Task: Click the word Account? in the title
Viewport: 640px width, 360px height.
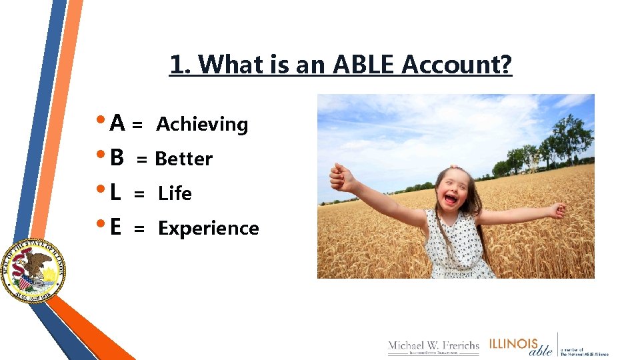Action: [457, 65]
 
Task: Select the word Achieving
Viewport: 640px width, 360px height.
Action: [202, 125]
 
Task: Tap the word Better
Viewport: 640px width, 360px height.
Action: [183, 159]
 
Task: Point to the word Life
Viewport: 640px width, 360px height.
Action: [175, 194]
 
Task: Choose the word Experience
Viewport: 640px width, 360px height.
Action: [208, 229]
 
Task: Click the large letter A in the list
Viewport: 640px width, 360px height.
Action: [117, 123]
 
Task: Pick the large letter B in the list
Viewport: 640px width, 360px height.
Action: [117, 158]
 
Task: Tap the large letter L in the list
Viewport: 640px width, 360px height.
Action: [115, 193]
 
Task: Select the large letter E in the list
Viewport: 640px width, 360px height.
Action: [115, 228]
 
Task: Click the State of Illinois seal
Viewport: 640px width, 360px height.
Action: [31, 271]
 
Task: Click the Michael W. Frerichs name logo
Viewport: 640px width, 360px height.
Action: [433, 347]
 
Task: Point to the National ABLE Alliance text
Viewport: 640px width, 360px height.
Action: [584, 351]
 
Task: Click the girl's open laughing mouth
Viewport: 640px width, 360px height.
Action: [451, 199]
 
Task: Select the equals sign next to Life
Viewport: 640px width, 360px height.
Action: [139, 194]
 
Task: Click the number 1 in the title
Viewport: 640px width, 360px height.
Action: [177, 65]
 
